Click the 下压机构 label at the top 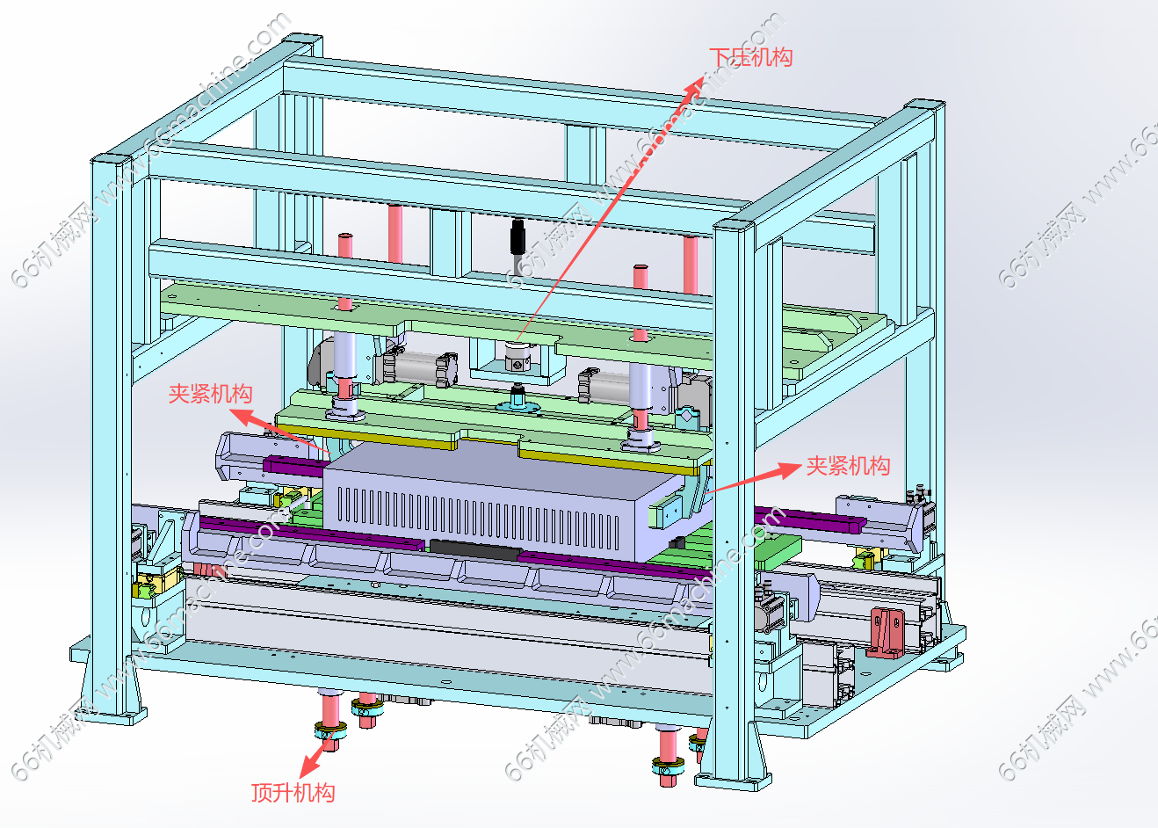pos(750,57)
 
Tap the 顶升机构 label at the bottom pos(293,793)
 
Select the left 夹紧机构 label pos(210,394)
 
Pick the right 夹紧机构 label pos(848,466)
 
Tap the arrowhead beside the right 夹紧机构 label pos(789,469)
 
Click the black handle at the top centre pos(517,243)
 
